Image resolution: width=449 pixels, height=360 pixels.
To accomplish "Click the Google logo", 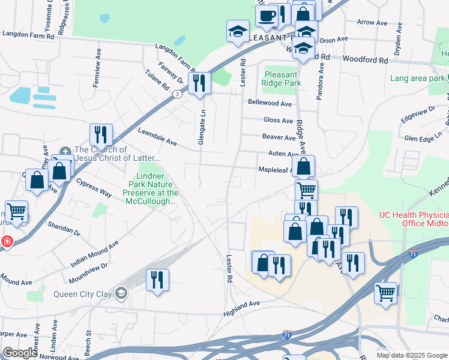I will (19, 353).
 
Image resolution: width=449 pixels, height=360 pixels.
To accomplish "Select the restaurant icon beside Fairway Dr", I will (199, 83).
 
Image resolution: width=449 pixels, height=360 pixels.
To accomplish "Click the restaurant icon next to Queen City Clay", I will (157, 280).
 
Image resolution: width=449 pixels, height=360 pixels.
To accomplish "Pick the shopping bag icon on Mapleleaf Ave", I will (304, 166).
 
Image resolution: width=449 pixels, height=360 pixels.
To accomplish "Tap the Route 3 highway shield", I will (177, 94).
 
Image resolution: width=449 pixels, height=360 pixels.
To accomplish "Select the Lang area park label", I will (417, 78).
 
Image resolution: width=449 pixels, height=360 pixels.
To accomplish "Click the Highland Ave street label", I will (241, 304).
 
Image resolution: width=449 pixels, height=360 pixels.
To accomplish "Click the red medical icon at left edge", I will (6, 241).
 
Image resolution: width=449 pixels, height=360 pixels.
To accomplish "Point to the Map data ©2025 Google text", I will (412, 355).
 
